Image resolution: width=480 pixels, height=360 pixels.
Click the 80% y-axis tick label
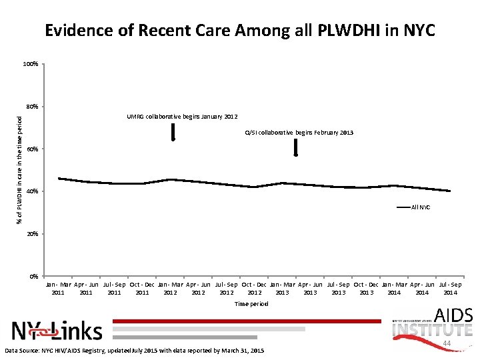point(31,107)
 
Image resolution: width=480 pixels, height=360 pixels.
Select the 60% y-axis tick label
point(31,149)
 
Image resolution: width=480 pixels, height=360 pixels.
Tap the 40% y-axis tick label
point(31,192)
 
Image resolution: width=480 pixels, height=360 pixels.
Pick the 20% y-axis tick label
point(31,235)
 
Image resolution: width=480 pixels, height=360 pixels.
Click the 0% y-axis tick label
point(33,277)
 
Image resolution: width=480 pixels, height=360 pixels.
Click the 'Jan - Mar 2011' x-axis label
point(59,288)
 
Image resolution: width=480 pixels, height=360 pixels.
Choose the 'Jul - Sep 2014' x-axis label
point(450,288)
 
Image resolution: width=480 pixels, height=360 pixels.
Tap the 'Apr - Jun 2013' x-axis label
point(310,288)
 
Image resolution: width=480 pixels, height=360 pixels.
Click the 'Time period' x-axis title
point(251,304)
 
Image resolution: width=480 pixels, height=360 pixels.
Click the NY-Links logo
point(57,330)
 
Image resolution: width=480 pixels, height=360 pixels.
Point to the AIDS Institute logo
point(433,323)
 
